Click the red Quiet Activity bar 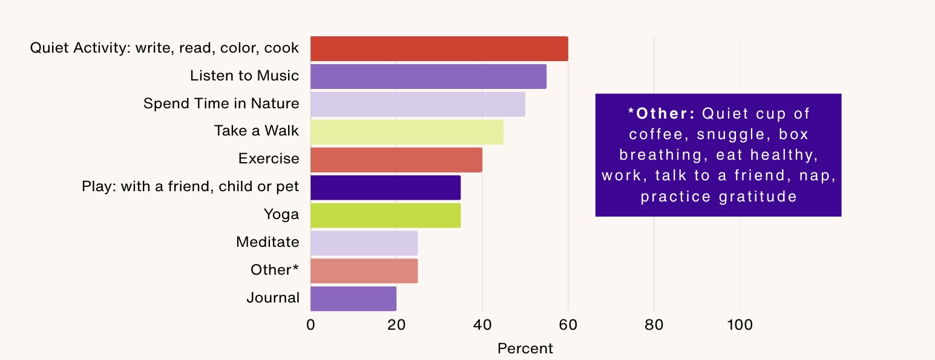coord(439,48)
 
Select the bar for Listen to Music coord(428,76)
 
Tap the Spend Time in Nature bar coord(418,104)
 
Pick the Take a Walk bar coord(407,132)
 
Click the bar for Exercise coord(396,160)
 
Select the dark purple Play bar coord(385,188)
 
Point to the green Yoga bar coord(385,215)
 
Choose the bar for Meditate coord(364,243)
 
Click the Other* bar coord(364,271)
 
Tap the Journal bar coord(353,299)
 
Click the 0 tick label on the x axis coord(310,326)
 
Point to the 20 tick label coord(396,326)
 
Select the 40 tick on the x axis coord(482,326)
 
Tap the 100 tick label coord(740,326)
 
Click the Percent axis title coord(525,349)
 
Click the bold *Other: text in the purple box coord(661,114)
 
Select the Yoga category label coord(281,214)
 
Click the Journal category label coord(273,298)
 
